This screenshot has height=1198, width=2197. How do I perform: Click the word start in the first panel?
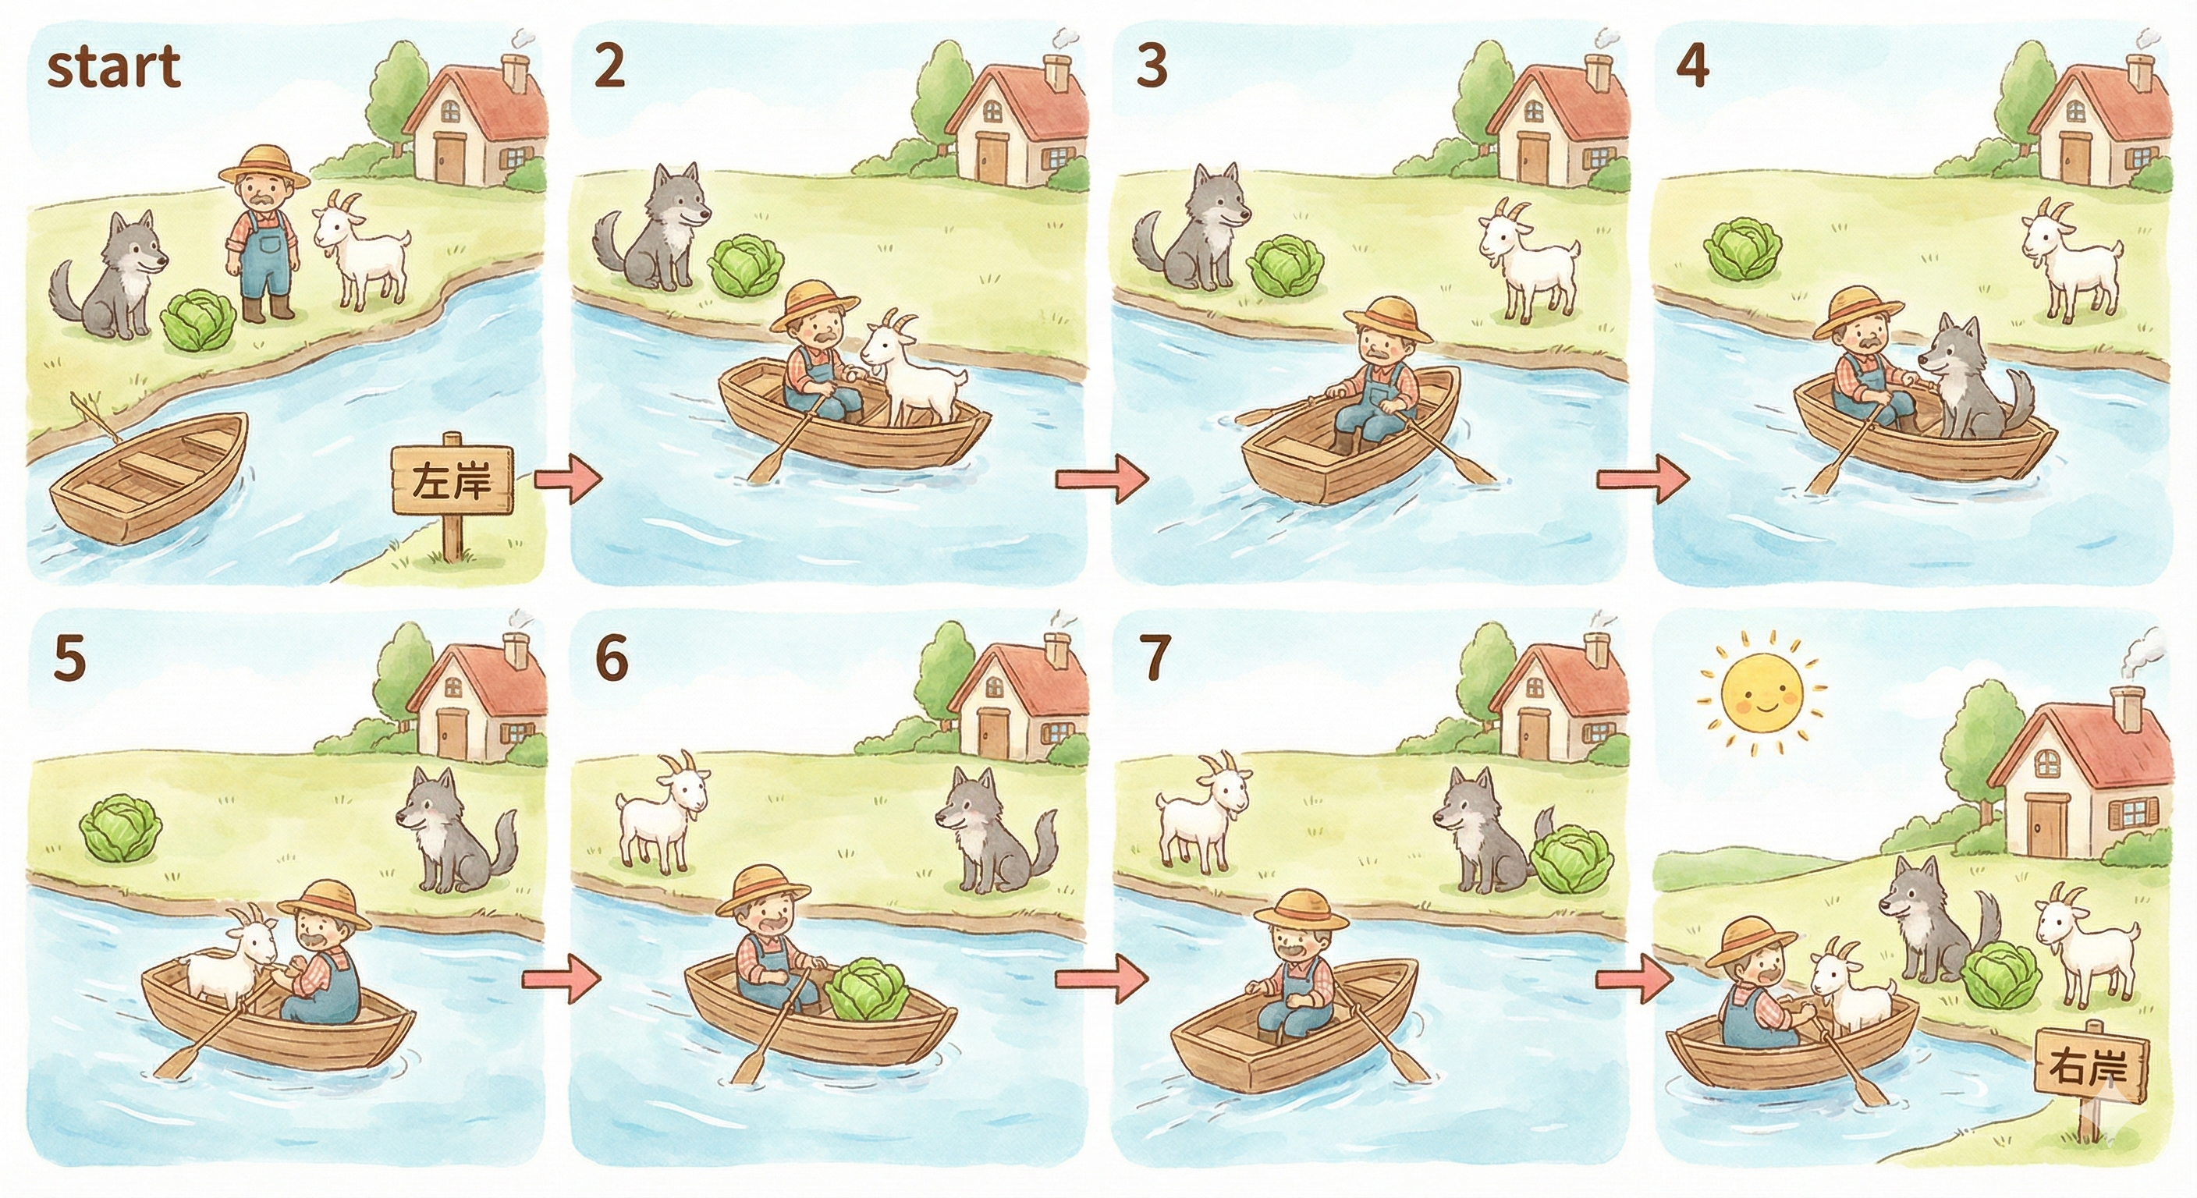pos(113,67)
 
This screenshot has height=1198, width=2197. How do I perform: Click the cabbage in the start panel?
pos(199,321)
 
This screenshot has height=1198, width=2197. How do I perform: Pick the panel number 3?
pos(1152,66)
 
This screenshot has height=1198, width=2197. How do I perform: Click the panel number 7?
pos(1155,657)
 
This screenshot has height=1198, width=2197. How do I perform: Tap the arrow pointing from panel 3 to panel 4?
pos(1642,480)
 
